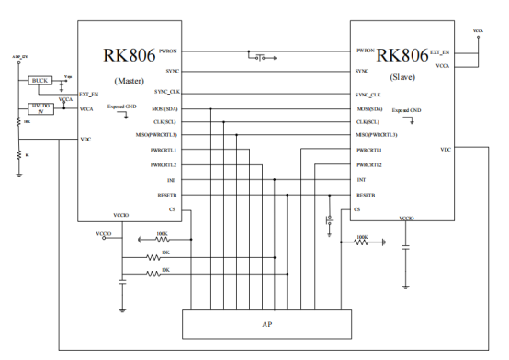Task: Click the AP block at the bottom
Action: click(x=267, y=324)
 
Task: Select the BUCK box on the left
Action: click(x=40, y=81)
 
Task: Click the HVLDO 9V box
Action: click(x=40, y=108)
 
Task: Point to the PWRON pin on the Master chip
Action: click(x=168, y=51)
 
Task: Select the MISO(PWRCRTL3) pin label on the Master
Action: click(x=153, y=134)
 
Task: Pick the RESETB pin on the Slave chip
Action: click(x=367, y=195)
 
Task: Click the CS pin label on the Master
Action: click(x=172, y=209)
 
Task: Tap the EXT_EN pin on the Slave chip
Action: click(x=440, y=52)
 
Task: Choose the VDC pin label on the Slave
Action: click(x=446, y=149)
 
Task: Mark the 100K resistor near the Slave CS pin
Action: click(x=361, y=242)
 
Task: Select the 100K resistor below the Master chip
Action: click(x=163, y=239)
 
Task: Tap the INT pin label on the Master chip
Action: click(x=171, y=180)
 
